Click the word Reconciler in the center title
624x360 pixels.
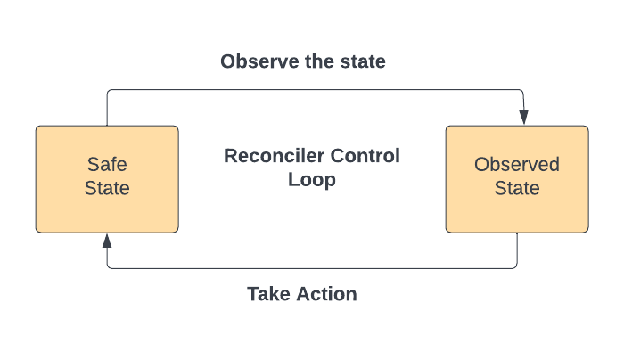click(275, 156)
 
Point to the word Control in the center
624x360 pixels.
click(365, 156)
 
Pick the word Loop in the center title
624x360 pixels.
click(312, 180)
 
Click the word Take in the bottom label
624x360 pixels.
click(268, 294)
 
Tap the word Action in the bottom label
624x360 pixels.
click(327, 294)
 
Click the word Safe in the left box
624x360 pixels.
click(107, 164)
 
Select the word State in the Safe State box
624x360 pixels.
click(107, 188)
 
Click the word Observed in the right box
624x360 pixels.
click(517, 164)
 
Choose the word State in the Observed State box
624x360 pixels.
click(517, 188)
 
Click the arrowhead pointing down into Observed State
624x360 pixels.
click(524, 118)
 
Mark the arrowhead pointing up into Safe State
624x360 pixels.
click(107, 241)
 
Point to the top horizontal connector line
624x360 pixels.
click(315, 89)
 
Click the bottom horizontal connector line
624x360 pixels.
click(312, 268)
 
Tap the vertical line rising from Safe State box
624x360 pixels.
click(107, 108)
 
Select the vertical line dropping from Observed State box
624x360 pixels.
click(517, 250)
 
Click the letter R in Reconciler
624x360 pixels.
click(230, 156)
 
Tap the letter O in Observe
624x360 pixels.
click(228, 61)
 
